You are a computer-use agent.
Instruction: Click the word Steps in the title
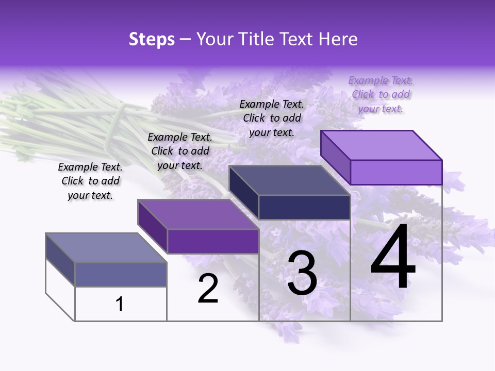(152, 39)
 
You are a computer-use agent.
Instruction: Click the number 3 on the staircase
(302, 274)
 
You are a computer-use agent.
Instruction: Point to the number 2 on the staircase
(208, 289)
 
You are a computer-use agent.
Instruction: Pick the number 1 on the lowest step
(120, 304)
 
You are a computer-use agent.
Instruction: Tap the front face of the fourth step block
(396, 172)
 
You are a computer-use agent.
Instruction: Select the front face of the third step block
(304, 207)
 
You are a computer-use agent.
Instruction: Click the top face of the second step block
(198, 214)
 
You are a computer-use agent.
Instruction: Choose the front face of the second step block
(212, 241)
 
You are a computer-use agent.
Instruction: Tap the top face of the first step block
(106, 248)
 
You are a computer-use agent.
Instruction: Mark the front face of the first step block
(121, 274)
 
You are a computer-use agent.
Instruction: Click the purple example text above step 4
(381, 94)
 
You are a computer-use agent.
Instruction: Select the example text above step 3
(272, 118)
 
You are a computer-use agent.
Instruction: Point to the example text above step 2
(180, 151)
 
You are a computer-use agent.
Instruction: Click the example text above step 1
(90, 181)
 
